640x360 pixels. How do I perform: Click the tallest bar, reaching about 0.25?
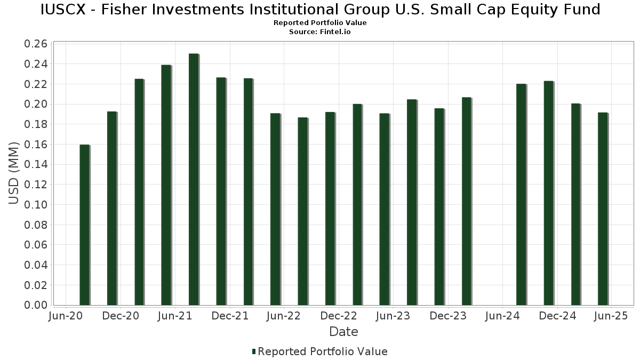[194, 179]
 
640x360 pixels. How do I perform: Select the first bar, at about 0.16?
[84, 225]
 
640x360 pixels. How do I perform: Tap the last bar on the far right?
[603, 209]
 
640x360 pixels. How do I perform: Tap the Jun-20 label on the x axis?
[65, 316]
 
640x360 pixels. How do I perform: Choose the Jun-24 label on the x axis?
[502, 316]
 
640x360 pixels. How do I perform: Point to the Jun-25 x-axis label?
[611, 316]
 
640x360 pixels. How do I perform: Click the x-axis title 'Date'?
[343, 332]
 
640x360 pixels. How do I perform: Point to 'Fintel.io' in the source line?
[335, 32]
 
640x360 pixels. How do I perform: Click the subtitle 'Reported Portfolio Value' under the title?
[320, 23]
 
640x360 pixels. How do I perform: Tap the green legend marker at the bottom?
[254, 351]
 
